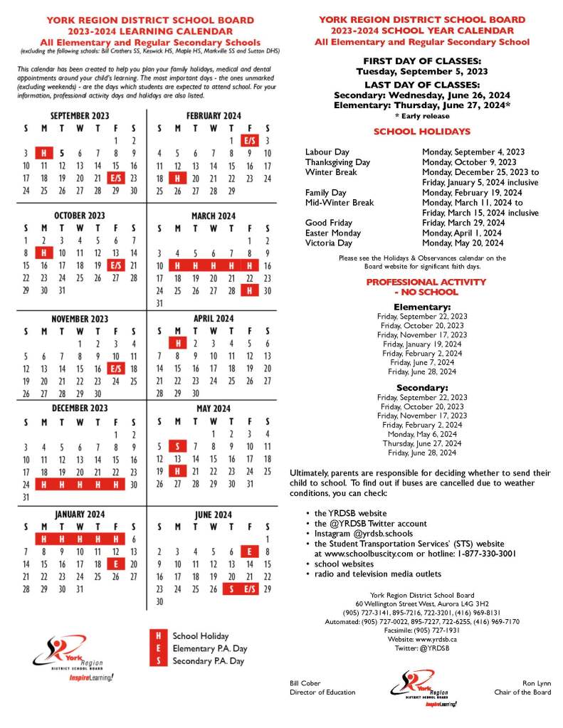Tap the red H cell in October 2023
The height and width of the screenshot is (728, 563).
coord(43,252)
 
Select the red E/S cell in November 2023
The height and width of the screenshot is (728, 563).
coord(115,368)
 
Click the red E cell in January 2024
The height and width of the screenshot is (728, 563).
coord(115,564)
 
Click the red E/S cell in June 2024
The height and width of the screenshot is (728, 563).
coord(249,589)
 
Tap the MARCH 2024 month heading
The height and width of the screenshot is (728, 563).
coord(213,216)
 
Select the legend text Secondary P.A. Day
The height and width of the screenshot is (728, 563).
coord(209,661)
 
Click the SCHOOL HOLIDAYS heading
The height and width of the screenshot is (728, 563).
coord(421,132)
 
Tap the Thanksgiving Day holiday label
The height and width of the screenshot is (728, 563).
coord(337,162)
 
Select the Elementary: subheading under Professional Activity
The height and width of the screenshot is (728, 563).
coord(422,307)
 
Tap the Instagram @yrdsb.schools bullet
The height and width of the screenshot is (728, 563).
coord(364,533)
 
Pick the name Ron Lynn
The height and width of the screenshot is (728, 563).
coord(536,682)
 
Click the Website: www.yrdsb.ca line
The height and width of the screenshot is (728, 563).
coord(422,639)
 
